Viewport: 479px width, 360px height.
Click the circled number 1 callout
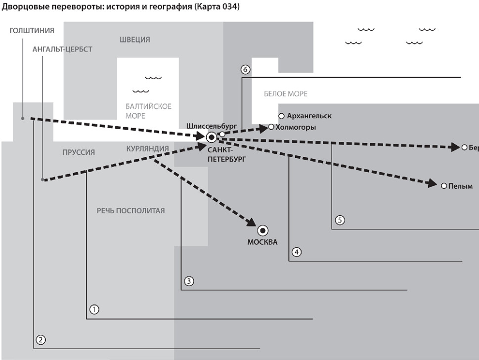[x=94, y=310]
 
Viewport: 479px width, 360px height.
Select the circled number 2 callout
[x=41, y=340]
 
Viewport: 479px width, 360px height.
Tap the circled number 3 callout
[x=189, y=281]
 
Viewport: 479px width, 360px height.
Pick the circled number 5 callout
[x=339, y=220]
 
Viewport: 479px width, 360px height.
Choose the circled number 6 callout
[x=246, y=69]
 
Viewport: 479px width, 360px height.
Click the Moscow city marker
[x=263, y=230]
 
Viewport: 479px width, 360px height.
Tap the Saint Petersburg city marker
[x=212, y=137]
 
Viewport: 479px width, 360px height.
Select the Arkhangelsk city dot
[x=281, y=116]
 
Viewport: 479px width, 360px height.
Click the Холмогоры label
[x=295, y=128]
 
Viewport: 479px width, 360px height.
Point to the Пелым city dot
[x=444, y=186]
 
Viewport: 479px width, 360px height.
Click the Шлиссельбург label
[x=212, y=126]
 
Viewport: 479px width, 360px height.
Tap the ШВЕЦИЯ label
[x=134, y=40]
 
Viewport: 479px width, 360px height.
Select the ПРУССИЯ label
[x=79, y=152]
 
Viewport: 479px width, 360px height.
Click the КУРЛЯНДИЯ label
[x=147, y=148]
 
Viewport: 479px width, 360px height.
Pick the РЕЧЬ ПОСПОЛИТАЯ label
[x=131, y=211]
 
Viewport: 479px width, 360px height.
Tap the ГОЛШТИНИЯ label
[x=32, y=31]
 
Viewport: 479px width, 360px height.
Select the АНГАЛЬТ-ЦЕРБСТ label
[x=62, y=49]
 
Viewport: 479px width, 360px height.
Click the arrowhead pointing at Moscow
[x=251, y=223]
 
